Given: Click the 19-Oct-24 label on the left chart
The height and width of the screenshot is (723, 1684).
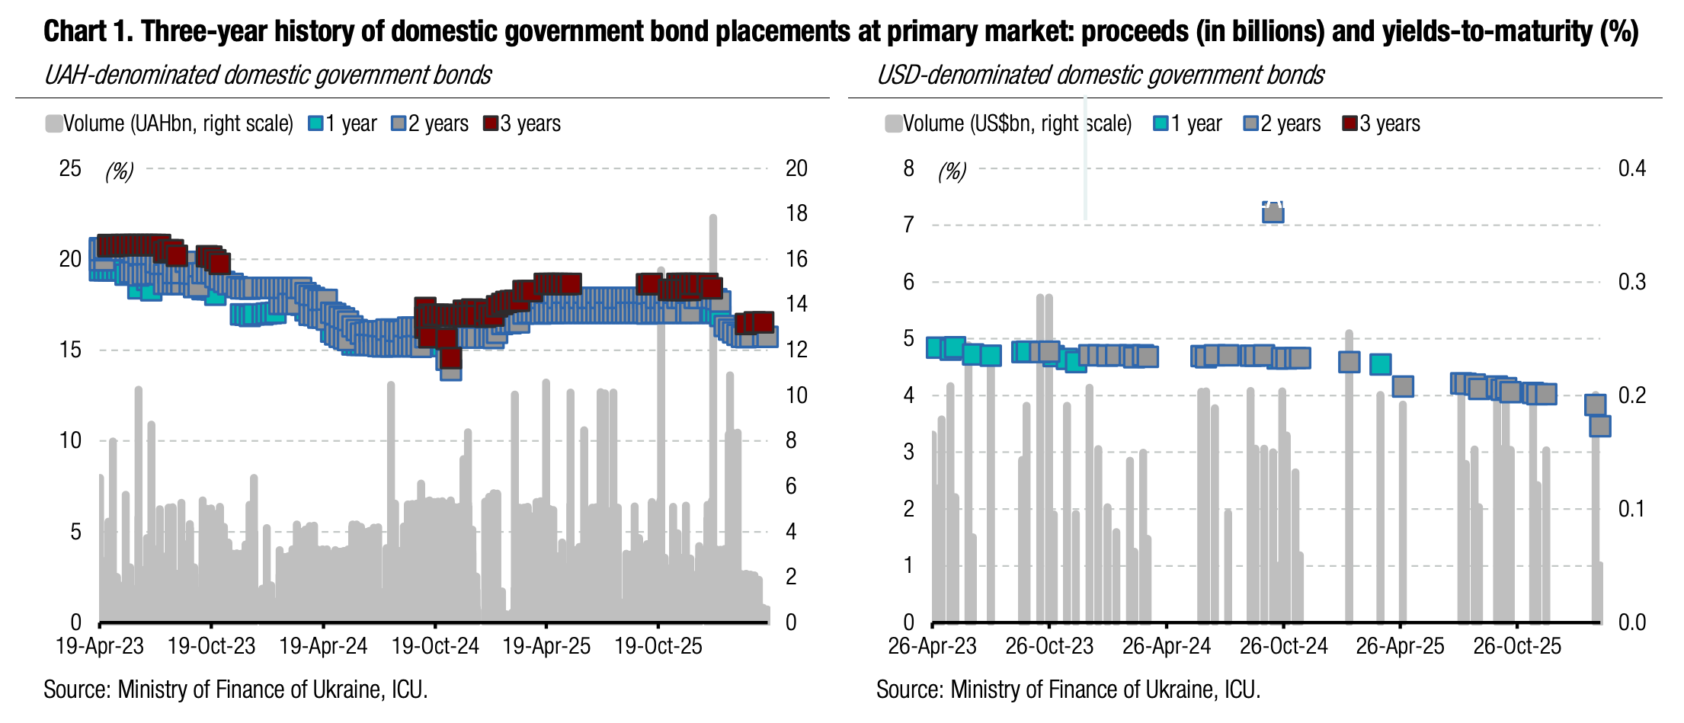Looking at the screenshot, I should (x=435, y=646).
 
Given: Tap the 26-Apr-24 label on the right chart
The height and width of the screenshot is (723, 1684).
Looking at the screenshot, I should (x=1167, y=646).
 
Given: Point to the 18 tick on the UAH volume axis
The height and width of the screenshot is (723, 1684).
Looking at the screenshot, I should (x=796, y=213).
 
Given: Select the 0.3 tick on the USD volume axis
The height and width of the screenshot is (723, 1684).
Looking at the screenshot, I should (x=1631, y=282).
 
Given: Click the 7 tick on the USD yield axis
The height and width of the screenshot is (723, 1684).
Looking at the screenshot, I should (x=908, y=225).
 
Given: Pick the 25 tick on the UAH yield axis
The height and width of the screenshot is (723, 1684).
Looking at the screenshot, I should (x=70, y=168).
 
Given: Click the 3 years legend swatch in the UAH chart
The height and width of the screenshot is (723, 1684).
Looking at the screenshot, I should (x=491, y=123).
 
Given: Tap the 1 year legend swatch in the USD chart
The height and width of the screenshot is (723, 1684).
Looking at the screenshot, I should (x=1161, y=123).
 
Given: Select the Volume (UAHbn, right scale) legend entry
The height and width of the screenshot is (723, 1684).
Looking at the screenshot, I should (x=169, y=123).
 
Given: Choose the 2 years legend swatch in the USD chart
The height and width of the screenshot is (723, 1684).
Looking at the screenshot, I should (x=1250, y=123).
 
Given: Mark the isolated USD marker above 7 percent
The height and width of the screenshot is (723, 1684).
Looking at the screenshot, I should (x=1273, y=213).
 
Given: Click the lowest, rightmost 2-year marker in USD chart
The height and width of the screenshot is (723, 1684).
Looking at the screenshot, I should (x=1599, y=426).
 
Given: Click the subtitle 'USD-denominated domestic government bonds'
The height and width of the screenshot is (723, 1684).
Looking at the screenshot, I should (x=1100, y=75).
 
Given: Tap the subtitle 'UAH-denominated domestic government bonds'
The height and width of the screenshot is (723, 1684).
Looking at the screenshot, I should (x=267, y=75).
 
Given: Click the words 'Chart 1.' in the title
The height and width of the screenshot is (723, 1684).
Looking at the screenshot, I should (x=88, y=31).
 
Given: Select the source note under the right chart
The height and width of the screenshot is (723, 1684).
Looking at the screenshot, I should (x=1068, y=689).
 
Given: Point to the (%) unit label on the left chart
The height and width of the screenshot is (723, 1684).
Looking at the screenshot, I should (x=119, y=171).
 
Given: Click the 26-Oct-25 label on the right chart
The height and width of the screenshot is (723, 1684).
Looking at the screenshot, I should (x=1517, y=646).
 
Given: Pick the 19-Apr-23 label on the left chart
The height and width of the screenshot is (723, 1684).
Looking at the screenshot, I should (x=100, y=646).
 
